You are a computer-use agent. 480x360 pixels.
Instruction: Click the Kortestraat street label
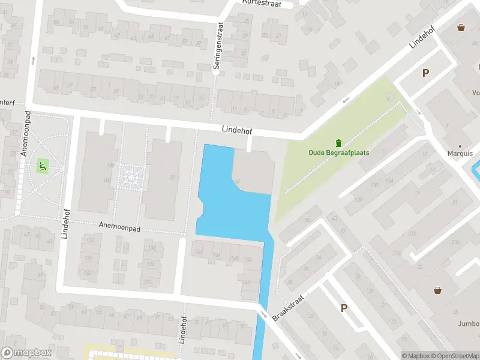(262, 3)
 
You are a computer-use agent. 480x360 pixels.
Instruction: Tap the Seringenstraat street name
(220, 46)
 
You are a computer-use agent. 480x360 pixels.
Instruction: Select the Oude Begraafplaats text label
(338, 152)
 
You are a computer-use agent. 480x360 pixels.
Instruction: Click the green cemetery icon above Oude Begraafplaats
(338, 143)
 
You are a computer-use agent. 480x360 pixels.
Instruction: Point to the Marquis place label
(460, 152)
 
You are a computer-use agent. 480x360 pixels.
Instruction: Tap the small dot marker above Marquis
(460, 145)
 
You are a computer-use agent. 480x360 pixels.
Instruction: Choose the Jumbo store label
(469, 324)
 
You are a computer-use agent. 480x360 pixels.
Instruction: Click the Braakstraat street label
(289, 308)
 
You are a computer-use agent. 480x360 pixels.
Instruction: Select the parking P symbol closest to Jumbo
(344, 308)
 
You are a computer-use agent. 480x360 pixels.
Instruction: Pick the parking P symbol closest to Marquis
(425, 73)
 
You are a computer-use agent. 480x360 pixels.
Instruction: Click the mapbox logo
(25, 353)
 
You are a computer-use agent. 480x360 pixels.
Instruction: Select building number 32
(172, 177)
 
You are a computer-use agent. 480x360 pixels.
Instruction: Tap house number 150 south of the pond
(248, 259)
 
